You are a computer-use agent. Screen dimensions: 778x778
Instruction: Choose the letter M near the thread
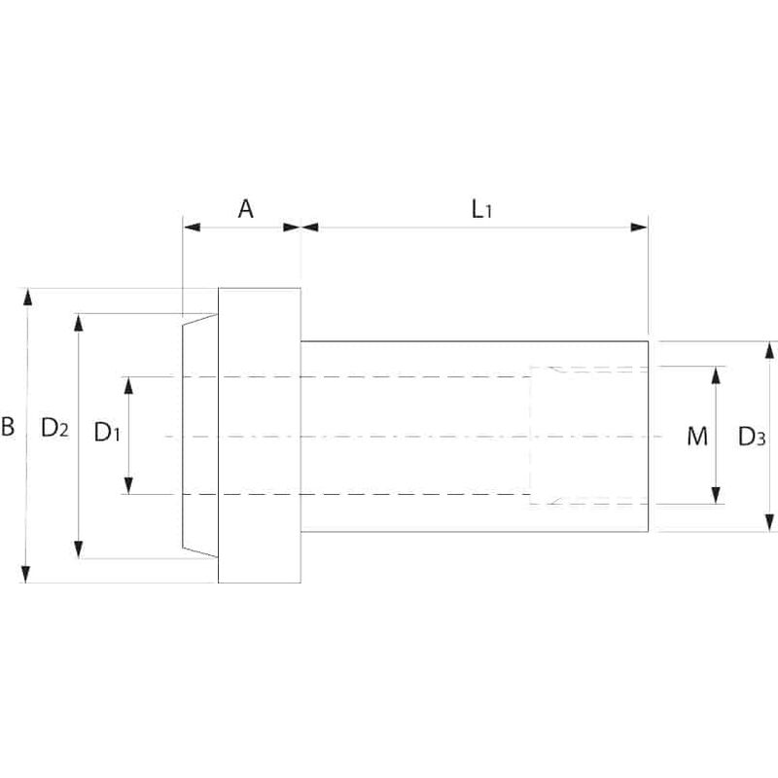tap(696, 436)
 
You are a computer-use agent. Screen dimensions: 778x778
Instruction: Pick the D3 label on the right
tap(750, 436)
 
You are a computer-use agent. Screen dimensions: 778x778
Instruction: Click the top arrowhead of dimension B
tap(29, 295)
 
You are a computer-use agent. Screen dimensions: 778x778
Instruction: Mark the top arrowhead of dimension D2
tap(80, 320)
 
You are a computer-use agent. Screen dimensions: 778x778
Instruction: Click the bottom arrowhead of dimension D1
tap(128, 487)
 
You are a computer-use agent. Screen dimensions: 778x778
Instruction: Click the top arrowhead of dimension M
tap(717, 372)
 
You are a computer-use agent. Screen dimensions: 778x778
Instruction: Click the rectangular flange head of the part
tap(259, 435)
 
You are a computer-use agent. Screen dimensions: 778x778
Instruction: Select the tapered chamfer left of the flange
tap(199, 435)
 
